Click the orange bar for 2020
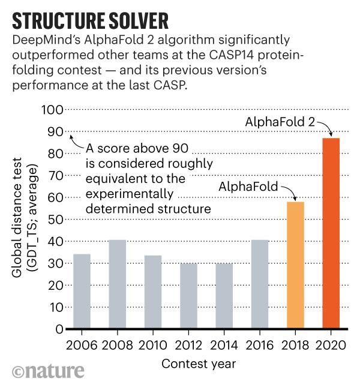coord(331,233)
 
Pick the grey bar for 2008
coord(118,284)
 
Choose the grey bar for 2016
coord(260,284)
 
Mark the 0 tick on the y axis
coord(57,329)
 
